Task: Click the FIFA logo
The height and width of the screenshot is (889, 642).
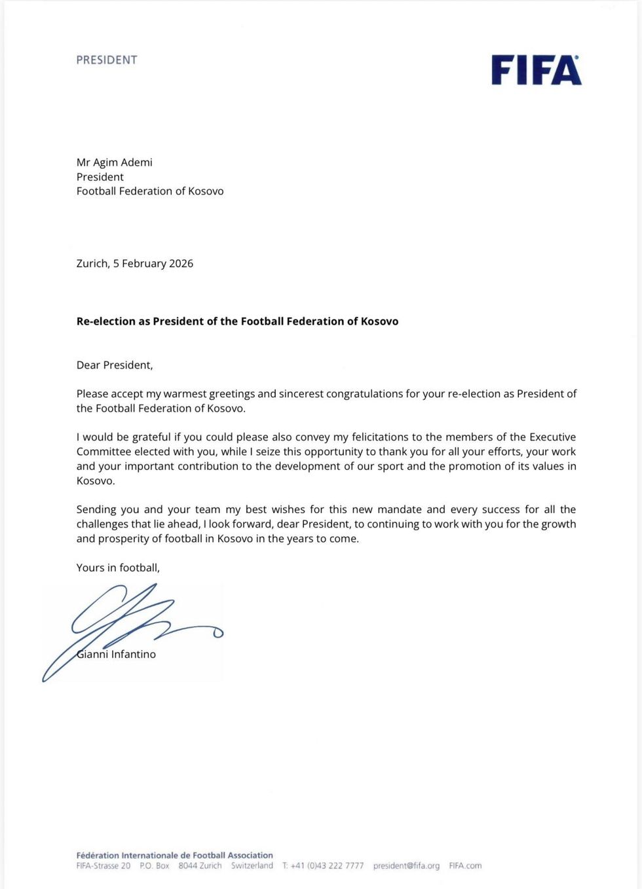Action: [x=536, y=70]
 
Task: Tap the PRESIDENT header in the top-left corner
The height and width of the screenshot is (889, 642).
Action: [x=107, y=60]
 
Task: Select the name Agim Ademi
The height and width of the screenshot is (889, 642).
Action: [x=123, y=162]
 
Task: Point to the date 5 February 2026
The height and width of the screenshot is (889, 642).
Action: [x=153, y=263]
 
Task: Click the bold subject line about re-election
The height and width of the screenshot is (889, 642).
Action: [x=237, y=321]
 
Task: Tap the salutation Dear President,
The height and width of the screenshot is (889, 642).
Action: [x=115, y=365]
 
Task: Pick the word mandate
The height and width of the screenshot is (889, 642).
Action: [x=400, y=509]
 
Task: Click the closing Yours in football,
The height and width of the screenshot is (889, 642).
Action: [x=118, y=568]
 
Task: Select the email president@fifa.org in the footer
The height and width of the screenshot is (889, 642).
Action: [x=406, y=865]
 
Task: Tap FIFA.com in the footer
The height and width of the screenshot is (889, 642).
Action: [x=465, y=865]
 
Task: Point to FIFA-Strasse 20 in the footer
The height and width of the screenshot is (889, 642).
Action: [x=104, y=865]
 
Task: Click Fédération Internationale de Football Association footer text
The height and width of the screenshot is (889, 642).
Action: [x=174, y=855]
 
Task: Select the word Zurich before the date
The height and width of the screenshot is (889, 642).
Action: [x=92, y=263]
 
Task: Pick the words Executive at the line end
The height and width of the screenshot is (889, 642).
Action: [x=552, y=437]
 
